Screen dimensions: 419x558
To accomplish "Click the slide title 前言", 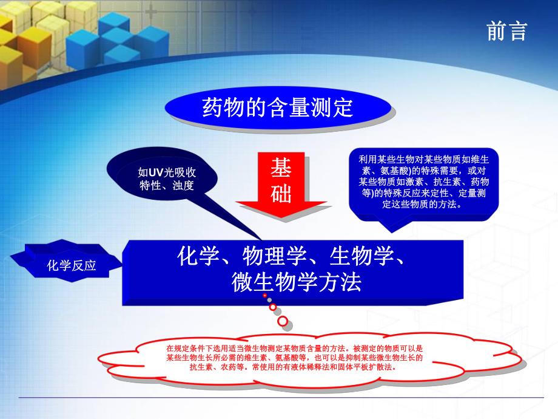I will point(507,31).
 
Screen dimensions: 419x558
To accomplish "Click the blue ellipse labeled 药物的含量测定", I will point(277,108).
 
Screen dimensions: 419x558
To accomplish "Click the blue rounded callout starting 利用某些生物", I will point(423,182).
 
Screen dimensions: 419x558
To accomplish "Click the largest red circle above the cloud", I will point(283,320).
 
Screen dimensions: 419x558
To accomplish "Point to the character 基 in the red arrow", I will point(281,168).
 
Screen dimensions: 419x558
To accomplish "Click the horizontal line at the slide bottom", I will point(279,398).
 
